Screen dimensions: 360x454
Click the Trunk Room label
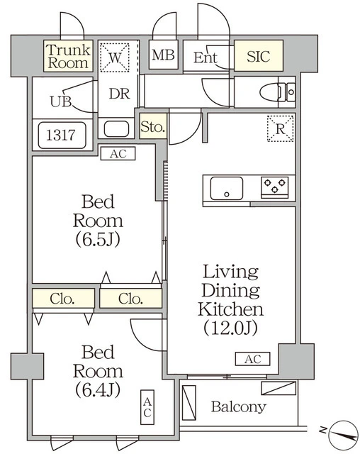click(x=69, y=56)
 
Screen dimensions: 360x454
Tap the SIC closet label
click(x=258, y=56)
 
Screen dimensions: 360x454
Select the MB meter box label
click(x=163, y=55)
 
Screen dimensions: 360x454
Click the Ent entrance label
click(x=205, y=57)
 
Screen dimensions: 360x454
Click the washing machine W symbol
click(x=115, y=57)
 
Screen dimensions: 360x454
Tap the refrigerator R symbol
click(x=280, y=128)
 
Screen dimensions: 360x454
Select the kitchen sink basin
click(x=226, y=188)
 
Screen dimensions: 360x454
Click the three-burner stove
click(x=275, y=187)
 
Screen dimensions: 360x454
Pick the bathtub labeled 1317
click(x=62, y=135)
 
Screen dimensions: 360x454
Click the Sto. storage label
click(x=153, y=126)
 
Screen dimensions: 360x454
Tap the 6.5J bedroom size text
click(x=98, y=240)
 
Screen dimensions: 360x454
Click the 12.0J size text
click(x=230, y=328)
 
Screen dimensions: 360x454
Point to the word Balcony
click(x=239, y=406)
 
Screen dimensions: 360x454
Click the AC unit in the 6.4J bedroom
click(x=147, y=407)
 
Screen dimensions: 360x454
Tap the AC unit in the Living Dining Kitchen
click(x=253, y=359)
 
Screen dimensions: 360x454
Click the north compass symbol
click(x=344, y=434)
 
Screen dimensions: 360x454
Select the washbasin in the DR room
click(x=116, y=129)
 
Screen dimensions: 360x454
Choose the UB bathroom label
click(x=60, y=101)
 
